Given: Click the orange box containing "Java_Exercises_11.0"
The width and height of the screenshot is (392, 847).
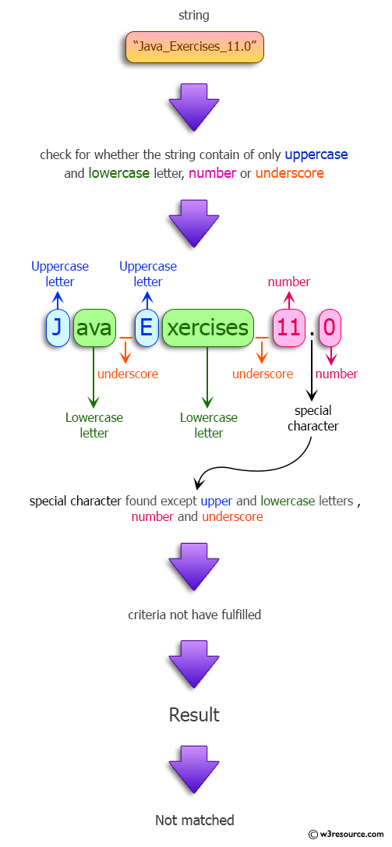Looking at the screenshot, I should (x=194, y=48).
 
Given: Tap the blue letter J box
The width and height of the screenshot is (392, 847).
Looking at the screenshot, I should (x=57, y=328).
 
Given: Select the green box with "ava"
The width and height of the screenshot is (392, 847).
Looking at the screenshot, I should (x=94, y=328).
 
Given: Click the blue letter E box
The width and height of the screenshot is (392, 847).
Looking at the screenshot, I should (x=147, y=328).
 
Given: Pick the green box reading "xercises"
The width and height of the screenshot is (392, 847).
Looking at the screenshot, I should (x=208, y=328).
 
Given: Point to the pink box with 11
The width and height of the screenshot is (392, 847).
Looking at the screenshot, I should (x=288, y=328).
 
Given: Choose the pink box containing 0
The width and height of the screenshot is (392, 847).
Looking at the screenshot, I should (x=330, y=328).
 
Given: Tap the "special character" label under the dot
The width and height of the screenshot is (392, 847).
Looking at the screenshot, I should (x=313, y=418).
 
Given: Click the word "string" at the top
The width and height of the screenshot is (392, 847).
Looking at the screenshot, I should (x=194, y=15).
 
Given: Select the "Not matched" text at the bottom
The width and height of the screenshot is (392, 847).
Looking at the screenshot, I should (x=194, y=820).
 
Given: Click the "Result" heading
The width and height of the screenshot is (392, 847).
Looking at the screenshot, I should (x=194, y=714).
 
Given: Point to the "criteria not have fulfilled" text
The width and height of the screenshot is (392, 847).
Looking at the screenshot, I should (x=194, y=615).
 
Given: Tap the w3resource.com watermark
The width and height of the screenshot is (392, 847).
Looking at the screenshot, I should (x=346, y=835).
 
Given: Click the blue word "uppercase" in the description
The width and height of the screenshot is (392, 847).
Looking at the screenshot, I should (x=316, y=154).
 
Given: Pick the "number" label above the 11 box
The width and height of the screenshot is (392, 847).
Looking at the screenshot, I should (x=288, y=282).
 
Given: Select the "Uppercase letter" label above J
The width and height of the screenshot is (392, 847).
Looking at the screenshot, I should (x=60, y=274).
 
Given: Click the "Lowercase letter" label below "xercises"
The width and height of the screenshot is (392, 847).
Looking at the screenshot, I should (x=208, y=425).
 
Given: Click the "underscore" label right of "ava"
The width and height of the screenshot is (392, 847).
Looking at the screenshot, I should (x=128, y=374).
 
